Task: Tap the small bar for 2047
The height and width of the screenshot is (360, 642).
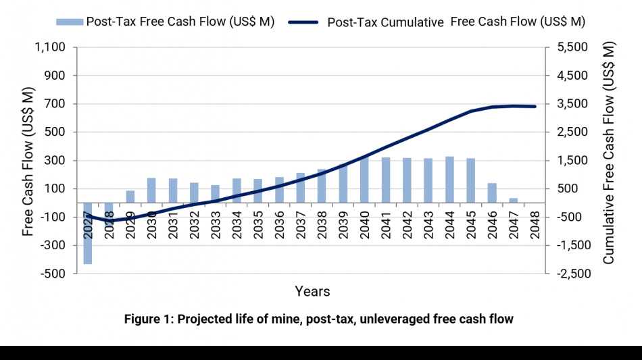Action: pos(513,201)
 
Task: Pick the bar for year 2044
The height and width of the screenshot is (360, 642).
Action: pos(449,180)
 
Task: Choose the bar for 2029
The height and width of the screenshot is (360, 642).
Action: pos(130,197)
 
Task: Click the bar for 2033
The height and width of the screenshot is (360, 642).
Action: pos(215,194)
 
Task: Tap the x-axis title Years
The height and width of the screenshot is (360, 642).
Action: pos(312,292)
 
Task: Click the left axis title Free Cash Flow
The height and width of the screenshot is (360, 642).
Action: pos(28,160)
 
